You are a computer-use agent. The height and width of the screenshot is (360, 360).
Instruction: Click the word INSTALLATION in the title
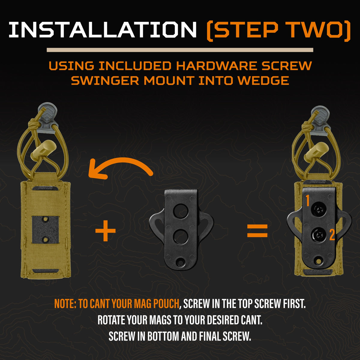tap(102, 30)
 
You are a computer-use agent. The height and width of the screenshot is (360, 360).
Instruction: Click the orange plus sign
tap(105, 230)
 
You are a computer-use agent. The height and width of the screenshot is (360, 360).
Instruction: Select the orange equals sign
tap(257, 231)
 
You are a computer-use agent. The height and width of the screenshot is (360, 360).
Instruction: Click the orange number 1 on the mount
tap(307, 201)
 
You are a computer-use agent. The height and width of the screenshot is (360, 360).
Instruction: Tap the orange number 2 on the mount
tap(332, 235)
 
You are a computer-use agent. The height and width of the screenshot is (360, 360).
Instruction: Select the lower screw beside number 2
tap(319, 235)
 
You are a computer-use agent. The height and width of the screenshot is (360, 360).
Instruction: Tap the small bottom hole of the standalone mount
tap(180, 262)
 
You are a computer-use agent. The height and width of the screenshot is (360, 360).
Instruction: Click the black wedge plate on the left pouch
tap(45, 230)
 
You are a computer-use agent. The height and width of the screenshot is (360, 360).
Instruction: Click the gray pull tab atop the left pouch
tap(47, 118)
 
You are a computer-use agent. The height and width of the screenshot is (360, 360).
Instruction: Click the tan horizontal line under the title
tap(180, 50)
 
